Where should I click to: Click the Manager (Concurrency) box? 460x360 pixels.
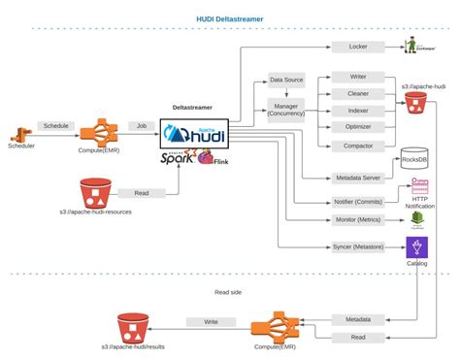click(x=288, y=110)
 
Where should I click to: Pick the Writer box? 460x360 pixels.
click(x=359, y=76)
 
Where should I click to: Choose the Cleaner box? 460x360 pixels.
click(x=359, y=93)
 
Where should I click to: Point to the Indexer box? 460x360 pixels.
click(x=359, y=111)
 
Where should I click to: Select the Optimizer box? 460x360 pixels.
click(x=359, y=128)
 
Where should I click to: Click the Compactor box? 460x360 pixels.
click(x=359, y=147)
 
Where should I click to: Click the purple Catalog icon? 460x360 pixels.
click(x=417, y=248)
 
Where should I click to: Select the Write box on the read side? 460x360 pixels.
click(x=209, y=320)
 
